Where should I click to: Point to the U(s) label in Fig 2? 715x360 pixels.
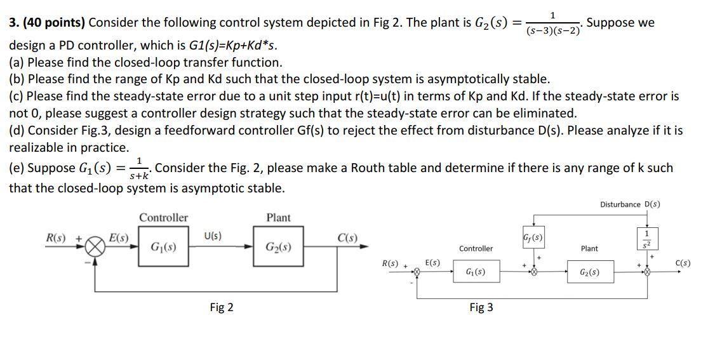point(213,236)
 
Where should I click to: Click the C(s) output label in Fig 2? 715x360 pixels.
point(347,239)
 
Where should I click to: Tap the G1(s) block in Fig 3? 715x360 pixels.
point(476,272)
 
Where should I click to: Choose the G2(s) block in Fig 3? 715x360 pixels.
point(588,272)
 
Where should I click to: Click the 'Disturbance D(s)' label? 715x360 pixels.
point(629,204)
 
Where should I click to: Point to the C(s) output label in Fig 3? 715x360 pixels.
point(683,263)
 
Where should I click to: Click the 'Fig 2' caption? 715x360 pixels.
point(221,307)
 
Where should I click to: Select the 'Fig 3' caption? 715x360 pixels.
point(481,307)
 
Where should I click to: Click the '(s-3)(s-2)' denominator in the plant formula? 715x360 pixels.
point(552,29)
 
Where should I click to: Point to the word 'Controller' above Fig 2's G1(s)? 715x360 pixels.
point(163,218)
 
